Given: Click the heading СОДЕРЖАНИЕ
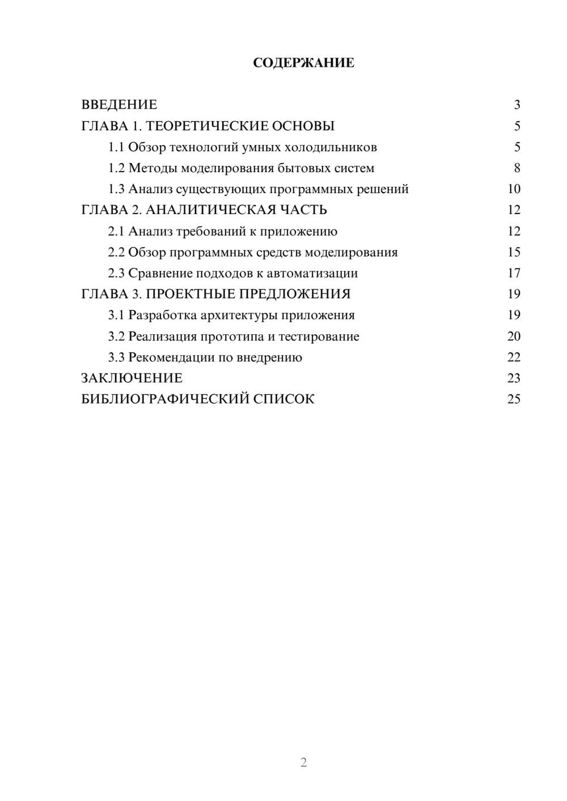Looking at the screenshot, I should (x=303, y=63).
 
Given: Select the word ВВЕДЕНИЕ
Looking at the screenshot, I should (x=119, y=105).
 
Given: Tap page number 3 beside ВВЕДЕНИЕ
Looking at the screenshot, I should (x=517, y=105).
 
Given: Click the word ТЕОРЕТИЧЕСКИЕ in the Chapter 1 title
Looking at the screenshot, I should (x=203, y=126).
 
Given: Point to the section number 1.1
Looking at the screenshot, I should (x=116, y=147).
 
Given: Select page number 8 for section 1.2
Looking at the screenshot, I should (x=517, y=168).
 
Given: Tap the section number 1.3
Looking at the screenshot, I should (x=116, y=189).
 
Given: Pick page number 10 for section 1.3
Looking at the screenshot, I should (x=514, y=189).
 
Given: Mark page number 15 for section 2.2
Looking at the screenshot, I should (x=514, y=252).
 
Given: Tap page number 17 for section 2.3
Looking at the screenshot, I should (x=514, y=273).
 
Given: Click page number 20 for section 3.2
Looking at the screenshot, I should (x=514, y=336).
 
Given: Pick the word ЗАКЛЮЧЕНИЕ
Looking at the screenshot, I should (x=132, y=378).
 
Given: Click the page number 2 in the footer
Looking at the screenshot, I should (x=303, y=762).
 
